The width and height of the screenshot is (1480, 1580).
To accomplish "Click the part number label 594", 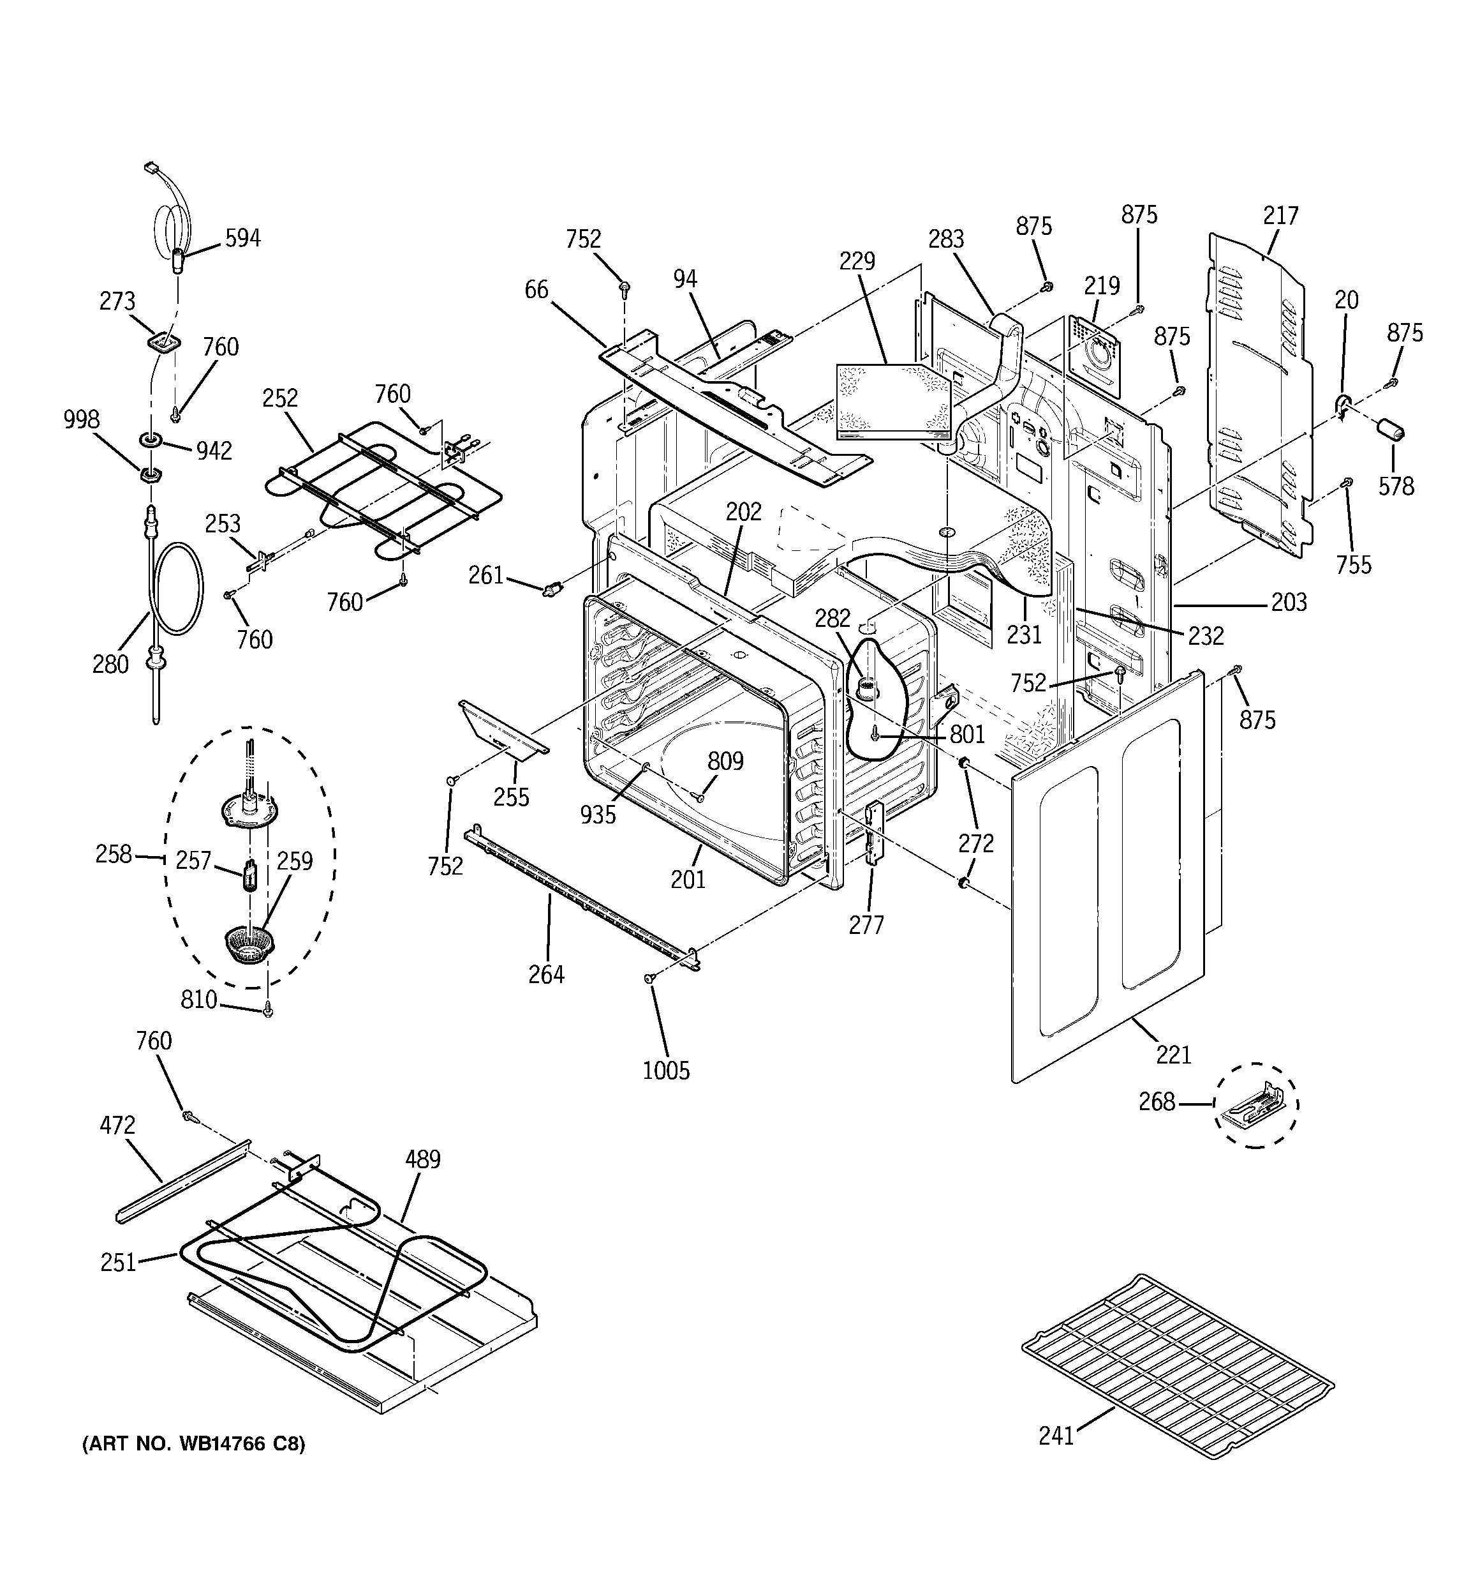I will pyautogui.click(x=242, y=237).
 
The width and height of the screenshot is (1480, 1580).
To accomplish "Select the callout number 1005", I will pyautogui.click(x=666, y=1071).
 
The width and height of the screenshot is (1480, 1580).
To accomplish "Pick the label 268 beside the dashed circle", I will pyautogui.click(x=1156, y=1102).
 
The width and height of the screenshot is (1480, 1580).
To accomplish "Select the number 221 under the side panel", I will pyautogui.click(x=1173, y=1055).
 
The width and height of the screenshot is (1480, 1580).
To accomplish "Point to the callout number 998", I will pyautogui.click(x=81, y=419).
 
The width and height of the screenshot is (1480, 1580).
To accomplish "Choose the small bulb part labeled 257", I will pyautogui.click(x=251, y=876).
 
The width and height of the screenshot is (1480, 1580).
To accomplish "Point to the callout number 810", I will pyautogui.click(x=198, y=999).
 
